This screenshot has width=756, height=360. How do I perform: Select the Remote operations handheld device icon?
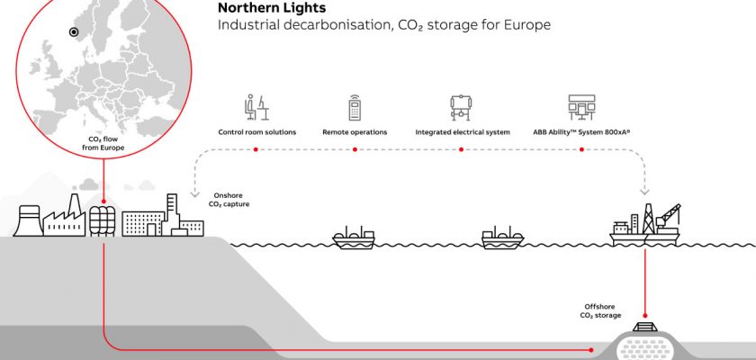(x=355, y=108)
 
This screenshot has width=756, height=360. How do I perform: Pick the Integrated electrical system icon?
(x=462, y=108)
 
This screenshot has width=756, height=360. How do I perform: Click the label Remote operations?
(x=355, y=132)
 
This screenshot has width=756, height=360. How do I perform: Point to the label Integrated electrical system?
(x=463, y=132)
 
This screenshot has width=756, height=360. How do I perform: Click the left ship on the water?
(x=354, y=238)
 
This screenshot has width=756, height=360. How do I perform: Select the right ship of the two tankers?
(x=502, y=238)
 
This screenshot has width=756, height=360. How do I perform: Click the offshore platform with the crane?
(x=644, y=226)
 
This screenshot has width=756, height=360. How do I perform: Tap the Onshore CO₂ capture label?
(x=230, y=199)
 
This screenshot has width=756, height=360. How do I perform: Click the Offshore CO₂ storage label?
(x=598, y=310)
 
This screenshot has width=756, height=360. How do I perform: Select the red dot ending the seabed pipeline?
(x=591, y=348)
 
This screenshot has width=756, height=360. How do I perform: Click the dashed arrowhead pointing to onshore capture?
(x=193, y=192)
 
